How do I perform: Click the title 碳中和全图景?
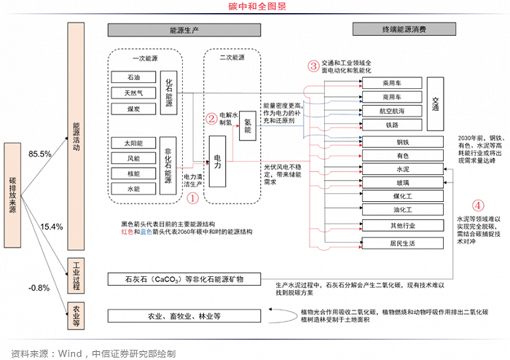point(257,7)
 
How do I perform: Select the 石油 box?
point(133,77)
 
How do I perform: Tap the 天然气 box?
point(133,93)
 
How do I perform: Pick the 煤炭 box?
point(133,109)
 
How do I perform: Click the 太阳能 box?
point(133,143)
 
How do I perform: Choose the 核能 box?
point(133,173)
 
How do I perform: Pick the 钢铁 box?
point(402,141)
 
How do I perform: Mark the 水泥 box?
point(402,169)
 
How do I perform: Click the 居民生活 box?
point(402,243)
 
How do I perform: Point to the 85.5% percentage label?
point(39,154)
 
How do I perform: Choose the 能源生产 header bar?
point(184,30)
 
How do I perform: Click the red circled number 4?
point(477,206)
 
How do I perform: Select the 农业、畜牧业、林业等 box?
point(184,316)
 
